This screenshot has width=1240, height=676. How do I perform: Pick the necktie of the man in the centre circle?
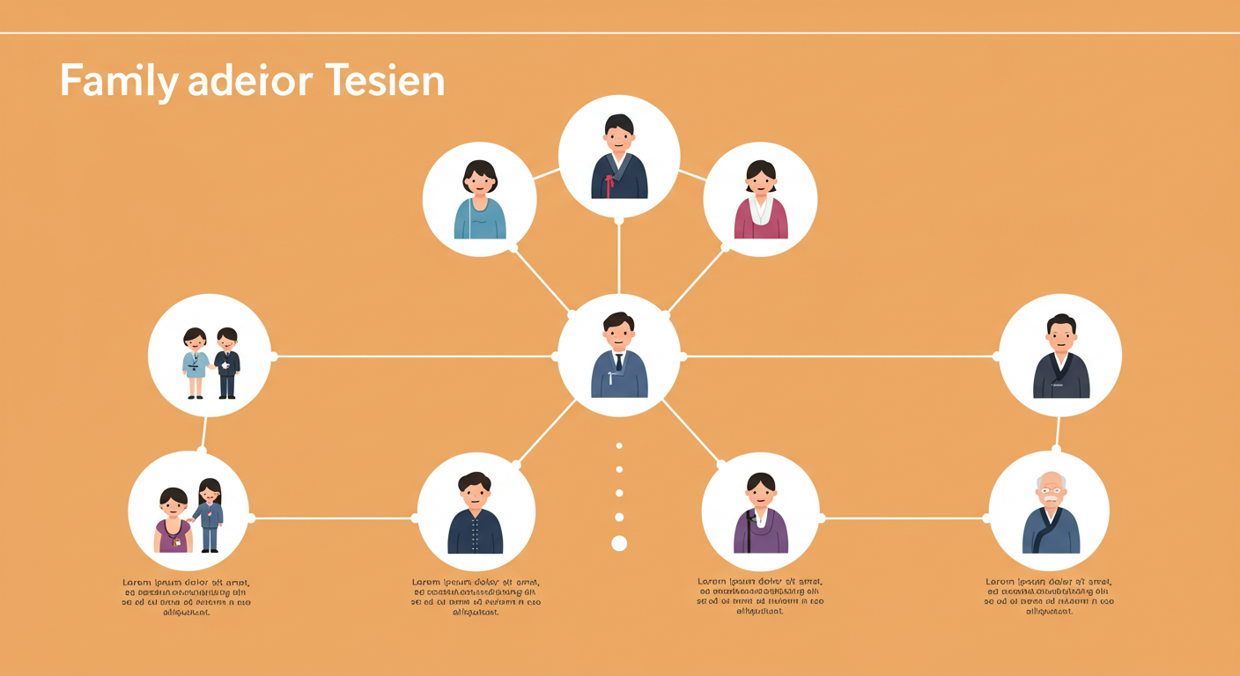619,360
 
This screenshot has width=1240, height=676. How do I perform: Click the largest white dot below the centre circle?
619,543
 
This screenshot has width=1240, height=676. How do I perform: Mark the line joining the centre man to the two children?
414,356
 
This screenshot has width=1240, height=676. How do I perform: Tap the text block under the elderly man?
1049,597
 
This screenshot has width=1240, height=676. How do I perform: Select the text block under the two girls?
187,597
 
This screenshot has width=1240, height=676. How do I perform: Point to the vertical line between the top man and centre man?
619,255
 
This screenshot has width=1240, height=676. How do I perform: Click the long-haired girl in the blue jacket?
209,515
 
